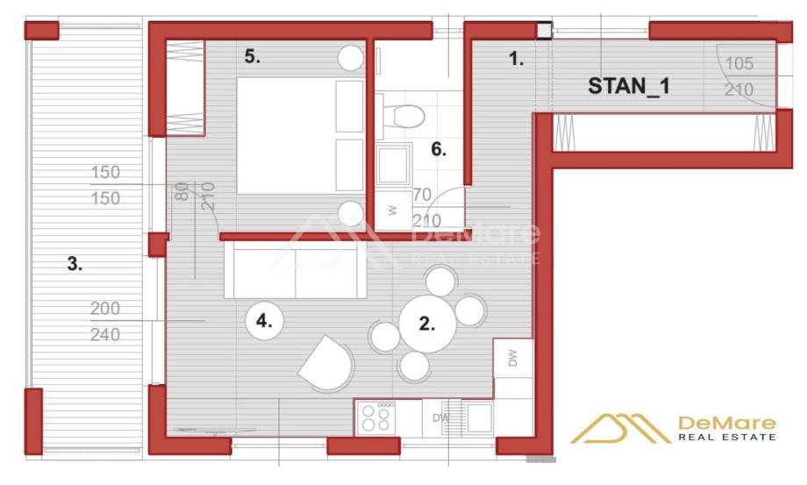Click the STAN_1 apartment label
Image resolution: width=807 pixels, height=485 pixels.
tap(627, 86)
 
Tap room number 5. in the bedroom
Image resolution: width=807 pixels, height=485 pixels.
tap(253, 57)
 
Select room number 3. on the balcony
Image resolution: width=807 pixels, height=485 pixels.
tap(75, 263)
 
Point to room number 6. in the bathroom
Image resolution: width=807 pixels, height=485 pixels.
tap(439, 149)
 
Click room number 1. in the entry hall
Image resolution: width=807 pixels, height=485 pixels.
tap(517, 60)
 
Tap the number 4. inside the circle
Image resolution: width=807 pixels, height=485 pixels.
tap(264, 321)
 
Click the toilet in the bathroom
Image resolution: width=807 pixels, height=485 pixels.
tap(405, 115)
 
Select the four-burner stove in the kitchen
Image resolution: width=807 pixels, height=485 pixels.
tap(376, 417)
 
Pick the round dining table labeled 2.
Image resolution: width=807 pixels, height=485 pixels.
tap(426, 324)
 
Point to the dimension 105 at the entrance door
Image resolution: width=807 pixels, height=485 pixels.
tap(740, 63)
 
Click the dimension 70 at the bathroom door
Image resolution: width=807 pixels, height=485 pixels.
tap(422, 195)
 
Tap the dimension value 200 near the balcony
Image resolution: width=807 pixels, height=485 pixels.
tap(104, 309)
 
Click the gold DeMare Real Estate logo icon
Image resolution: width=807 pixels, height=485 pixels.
tap(620, 429)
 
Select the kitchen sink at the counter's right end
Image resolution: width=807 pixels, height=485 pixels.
tap(479, 418)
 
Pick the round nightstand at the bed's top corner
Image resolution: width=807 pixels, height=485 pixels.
tap(350, 58)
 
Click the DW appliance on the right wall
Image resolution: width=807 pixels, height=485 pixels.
tap(513, 358)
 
